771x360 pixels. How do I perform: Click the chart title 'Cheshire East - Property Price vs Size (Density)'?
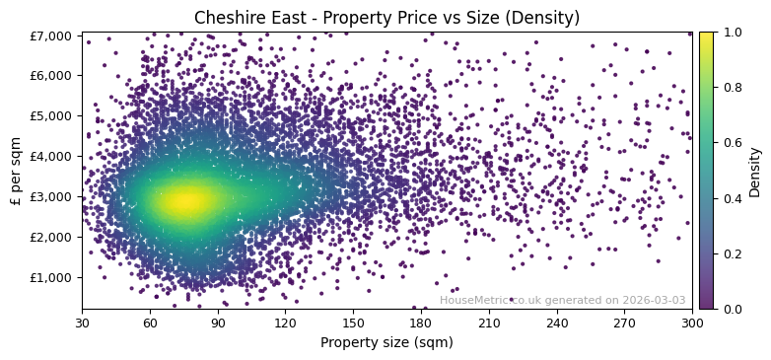pyautogui.click(x=386, y=18)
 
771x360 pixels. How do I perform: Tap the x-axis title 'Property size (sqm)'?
pyautogui.click(x=386, y=342)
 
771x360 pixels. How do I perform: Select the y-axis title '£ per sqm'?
pyautogui.click(x=17, y=170)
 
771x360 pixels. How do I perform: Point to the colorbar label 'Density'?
pyautogui.click(x=755, y=171)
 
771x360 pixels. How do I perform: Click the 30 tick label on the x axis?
pyautogui.click(x=82, y=323)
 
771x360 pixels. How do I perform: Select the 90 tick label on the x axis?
pyautogui.click(x=218, y=323)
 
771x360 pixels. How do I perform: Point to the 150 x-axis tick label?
pyautogui.click(x=353, y=323)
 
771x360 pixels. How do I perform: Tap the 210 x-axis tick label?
pyautogui.click(x=489, y=323)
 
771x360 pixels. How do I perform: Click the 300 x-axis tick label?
pyautogui.click(x=692, y=323)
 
